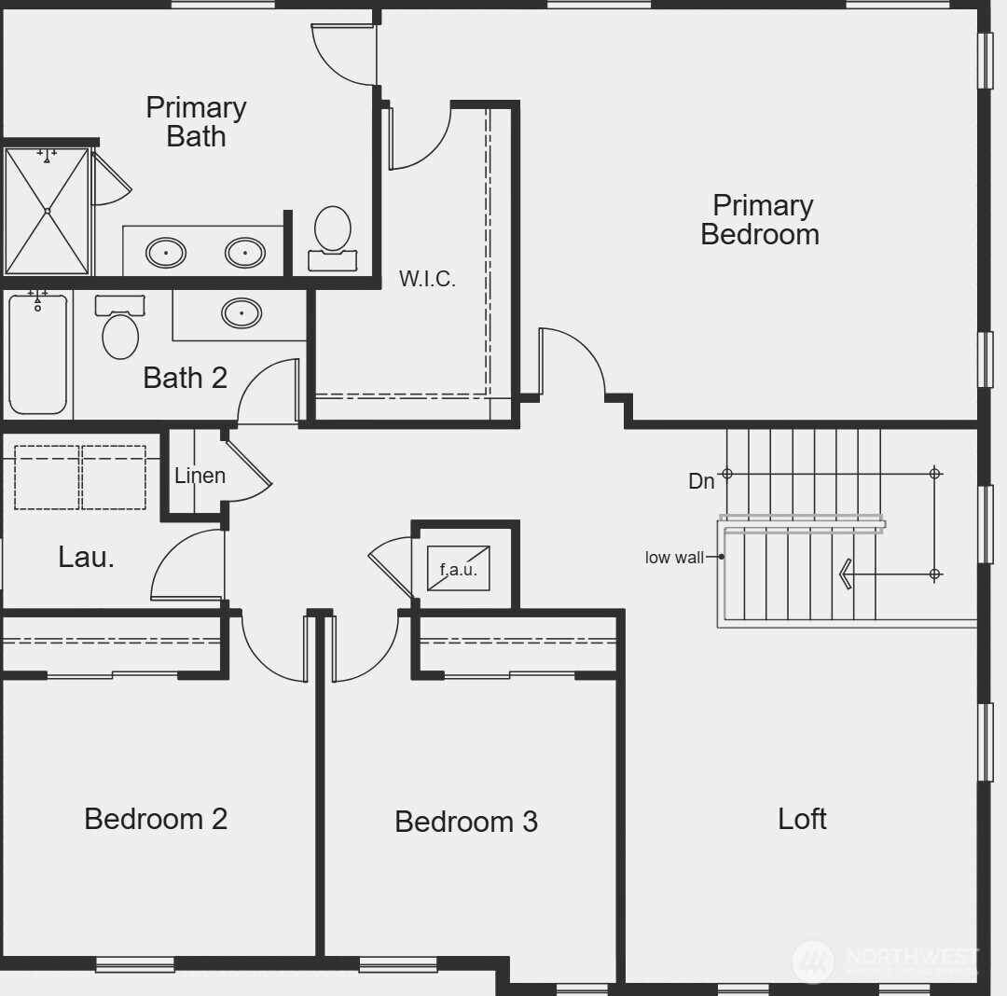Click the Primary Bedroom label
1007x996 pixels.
[x=760, y=219]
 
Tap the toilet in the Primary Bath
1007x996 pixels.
[x=333, y=236]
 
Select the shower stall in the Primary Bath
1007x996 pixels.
[x=47, y=211]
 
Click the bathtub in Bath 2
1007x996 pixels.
[x=38, y=354]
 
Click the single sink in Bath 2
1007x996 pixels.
[x=241, y=312]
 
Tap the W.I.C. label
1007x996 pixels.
[x=427, y=278]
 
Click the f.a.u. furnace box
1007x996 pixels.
[x=458, y=569]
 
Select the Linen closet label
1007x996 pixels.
[x=200, y=476]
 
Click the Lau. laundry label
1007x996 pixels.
[x=86, y=557]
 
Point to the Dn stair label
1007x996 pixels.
[x=701, y=481]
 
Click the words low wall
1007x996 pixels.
[x=674, y=558]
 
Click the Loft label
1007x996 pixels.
[x=802, y=818]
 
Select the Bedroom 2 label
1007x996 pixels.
[x=156, y=818]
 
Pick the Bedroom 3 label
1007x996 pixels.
[x=465, y=821]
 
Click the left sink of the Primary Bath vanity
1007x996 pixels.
[x=166, y=252]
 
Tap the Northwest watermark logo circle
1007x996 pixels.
[x=812, y=961]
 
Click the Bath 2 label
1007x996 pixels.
[x=185, y=378]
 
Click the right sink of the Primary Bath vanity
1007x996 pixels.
[x=245, y=252]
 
